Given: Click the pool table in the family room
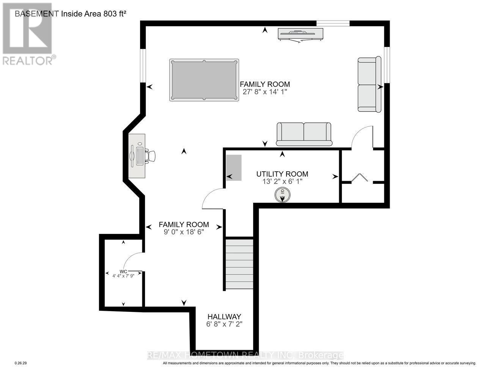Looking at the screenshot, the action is [x=204, y=80].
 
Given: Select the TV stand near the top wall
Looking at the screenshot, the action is [x=300, y=34].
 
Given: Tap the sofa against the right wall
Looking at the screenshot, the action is [x=370, y=84].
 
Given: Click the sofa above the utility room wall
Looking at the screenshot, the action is [x=304, y=134].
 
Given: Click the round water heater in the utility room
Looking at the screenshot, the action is [x=282, y=195].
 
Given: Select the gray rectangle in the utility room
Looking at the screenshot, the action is [x=234, y=168].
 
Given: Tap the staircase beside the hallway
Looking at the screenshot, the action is [x=239, y=264].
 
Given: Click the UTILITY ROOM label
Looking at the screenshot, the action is [x=282, y=174].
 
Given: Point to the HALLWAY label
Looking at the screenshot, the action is [x=224, y=316].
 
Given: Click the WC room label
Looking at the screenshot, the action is [x=123, y=272].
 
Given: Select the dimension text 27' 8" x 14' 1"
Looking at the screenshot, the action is [x=265, y=92].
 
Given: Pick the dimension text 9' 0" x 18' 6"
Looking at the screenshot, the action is [x=184, y=232].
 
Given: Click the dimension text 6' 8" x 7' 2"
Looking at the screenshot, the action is [x=224, y=324].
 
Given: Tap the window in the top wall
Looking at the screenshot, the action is [x=333, y=23].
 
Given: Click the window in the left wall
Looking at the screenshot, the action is [x=143, y=66].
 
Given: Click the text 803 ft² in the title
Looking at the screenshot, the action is [x=115, y=14].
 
